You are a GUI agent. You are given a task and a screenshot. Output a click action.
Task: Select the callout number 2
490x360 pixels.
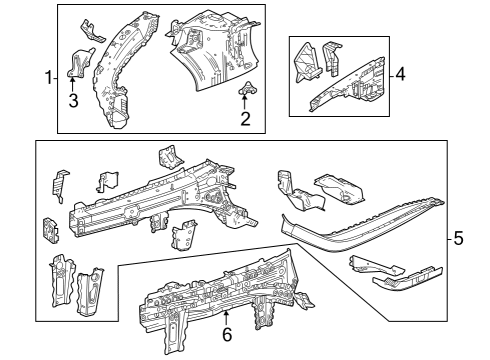(x=244, y=120)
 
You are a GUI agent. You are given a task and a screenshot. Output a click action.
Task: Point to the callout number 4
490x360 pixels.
(x=401, y=74)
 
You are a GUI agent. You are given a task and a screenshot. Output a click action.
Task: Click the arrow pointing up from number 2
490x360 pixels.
(x=244, y=104)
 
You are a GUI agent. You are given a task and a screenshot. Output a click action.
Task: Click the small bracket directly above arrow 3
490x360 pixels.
(x=74, y=64)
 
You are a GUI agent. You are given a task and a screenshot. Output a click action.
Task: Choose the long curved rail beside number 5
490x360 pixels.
(x=360, y=221)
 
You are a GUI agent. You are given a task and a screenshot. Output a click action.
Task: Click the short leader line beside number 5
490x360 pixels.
(x=447, y=238)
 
